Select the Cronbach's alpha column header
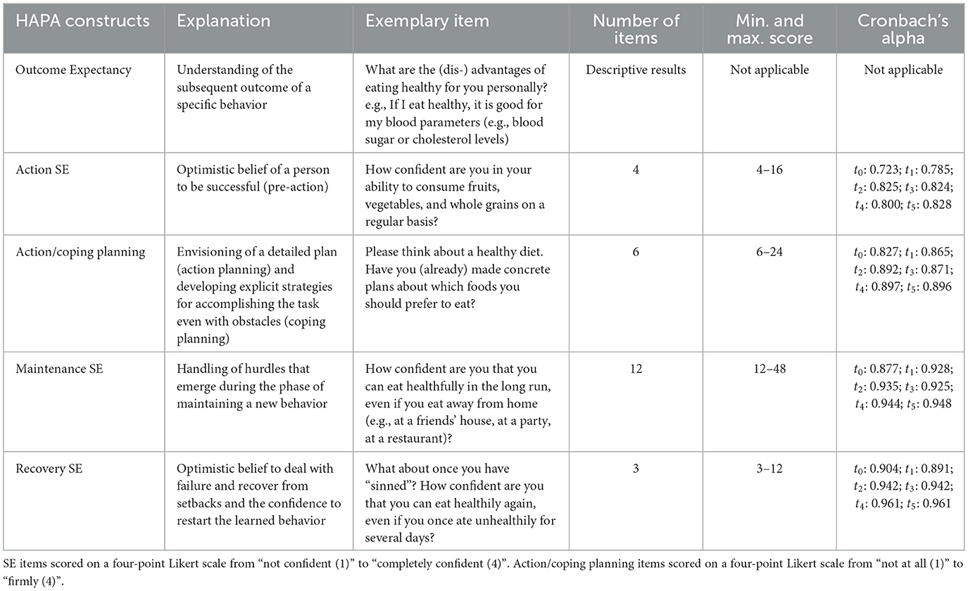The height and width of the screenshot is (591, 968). (x=901, y=30)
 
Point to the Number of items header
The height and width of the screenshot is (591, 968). (x=636, y=30)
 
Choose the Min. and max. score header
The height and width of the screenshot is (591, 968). (x=769, y=30)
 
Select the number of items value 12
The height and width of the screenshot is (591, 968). (x=636, y=369)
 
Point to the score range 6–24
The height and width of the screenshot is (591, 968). (x=769, y=269)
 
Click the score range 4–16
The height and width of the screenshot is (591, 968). (x=769, y=170)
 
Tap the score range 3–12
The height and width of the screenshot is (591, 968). (x=769, y=469)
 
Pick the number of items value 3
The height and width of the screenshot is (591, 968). (x=636, y=469)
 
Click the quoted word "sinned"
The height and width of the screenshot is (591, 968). (x=394, y=486)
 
